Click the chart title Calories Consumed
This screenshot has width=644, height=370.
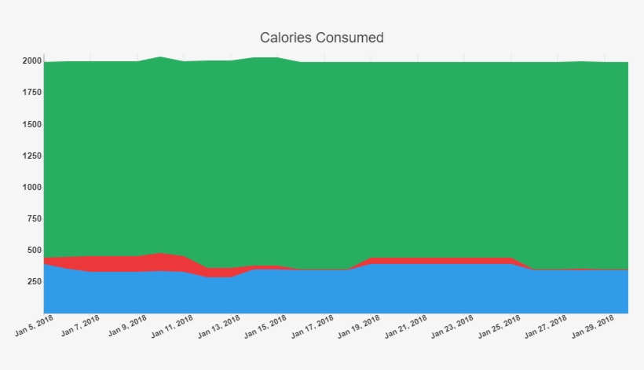[x=321, y=38]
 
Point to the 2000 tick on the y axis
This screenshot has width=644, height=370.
[x=32, y=61]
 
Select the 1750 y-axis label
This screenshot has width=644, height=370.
[x=32, y=93]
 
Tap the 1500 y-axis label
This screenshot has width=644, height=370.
[x=32, y=124]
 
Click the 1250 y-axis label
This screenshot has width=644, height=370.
[x=32, y=156]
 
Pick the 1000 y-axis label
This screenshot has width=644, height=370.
[x=32, y=188]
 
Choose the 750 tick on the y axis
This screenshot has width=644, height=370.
[x=34, y=219]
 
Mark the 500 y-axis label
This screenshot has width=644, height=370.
[x=34, y=251]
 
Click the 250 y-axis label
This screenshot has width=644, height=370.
[x=34, y=282]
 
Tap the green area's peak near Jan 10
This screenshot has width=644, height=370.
[x=160, y=57]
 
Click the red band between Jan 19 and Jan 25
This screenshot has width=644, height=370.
[x=440, y=261]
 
